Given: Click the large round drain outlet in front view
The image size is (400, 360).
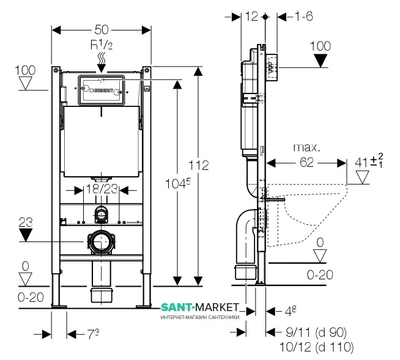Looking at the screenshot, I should (101, 243).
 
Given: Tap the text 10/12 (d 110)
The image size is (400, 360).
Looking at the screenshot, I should (320, 347).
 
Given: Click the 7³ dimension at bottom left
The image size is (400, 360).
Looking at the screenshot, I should (92, 334).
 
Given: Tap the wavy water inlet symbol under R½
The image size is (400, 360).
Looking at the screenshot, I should (101, 60).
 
